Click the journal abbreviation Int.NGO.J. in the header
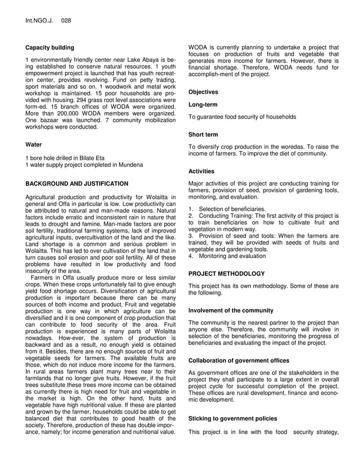pyautogui.click(x=38, y=21)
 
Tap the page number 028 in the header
pyautogui.click(x=66, y=21)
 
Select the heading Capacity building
pyautogui.click(x=50, y=48)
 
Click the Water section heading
pyautogui.click(x=34, y=145)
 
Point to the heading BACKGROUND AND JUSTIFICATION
pyautogui.click(x=77, y=184)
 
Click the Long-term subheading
pyautogui.click(x=203, y=104)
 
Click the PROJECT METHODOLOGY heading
pyautogui.click(x=226, y=274)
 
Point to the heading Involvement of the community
pyautogui.click(x=231, y=310)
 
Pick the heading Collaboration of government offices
pyautogui.click(x=239, y=361)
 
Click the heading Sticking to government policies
pyautogui.click(x=232, y=419)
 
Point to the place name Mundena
pyautogui.click(x=130, y=165)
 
